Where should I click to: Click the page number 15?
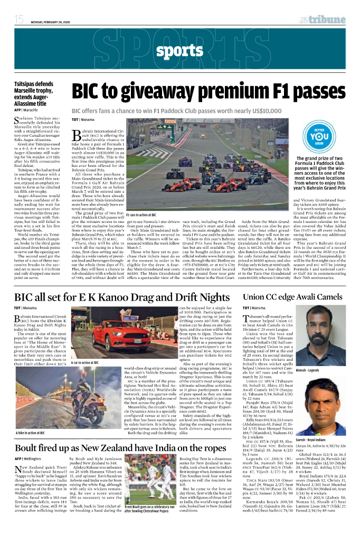pos(19,20)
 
